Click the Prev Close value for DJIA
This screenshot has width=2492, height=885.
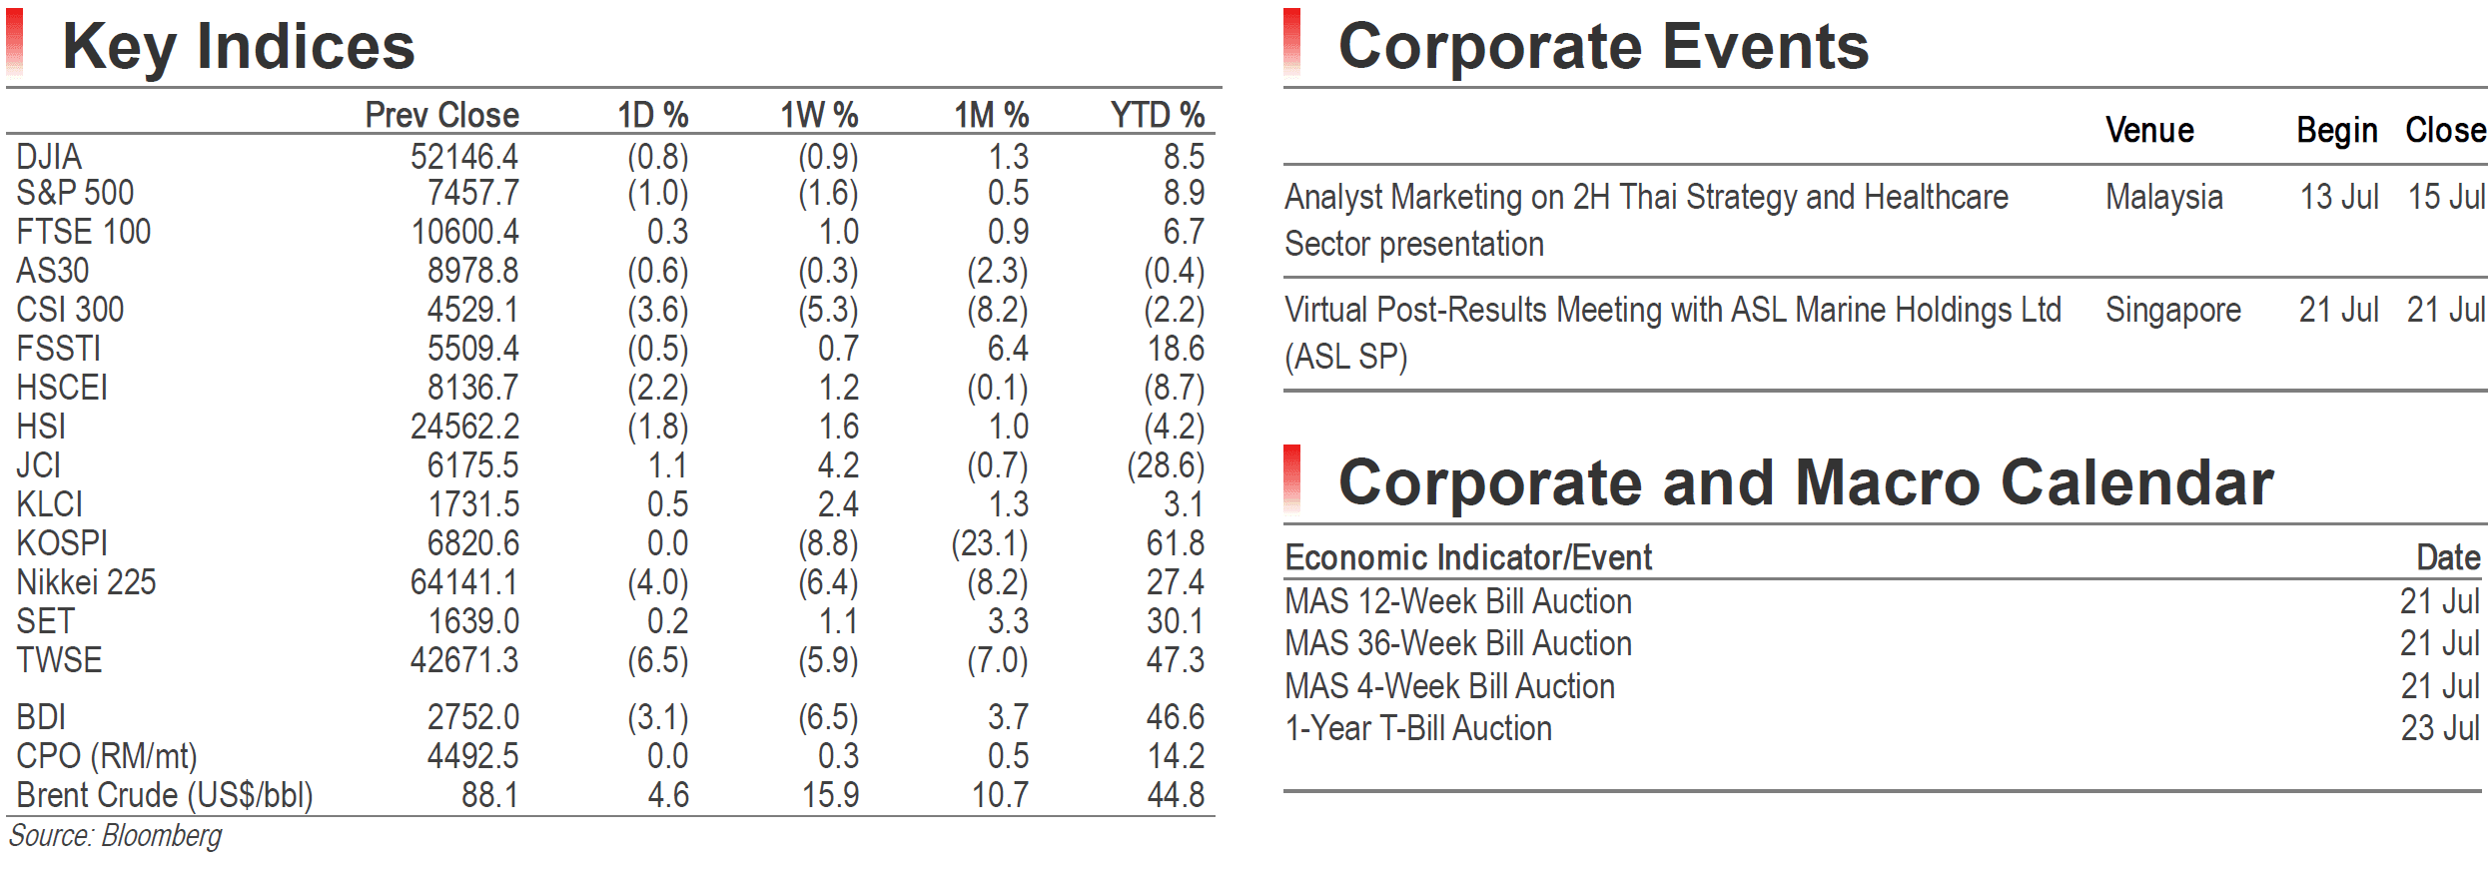point(464,157)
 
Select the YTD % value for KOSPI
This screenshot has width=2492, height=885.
point(1176,543)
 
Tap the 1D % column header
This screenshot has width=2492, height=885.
point(653,115)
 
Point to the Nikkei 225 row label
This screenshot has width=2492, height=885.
point(86,582)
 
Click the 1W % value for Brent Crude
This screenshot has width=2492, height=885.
point(831,795)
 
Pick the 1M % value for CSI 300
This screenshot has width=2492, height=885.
point(998,310)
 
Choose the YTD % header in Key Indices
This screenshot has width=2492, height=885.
point(1158,115)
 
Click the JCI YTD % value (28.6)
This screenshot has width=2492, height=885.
point(1166,465)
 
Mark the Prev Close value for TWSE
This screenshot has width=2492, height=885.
point(464,660)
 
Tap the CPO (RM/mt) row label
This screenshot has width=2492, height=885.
point(107,756)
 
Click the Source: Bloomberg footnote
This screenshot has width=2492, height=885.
point(116,836)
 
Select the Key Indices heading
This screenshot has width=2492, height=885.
point(239,46)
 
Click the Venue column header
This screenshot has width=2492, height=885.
point(2149,130)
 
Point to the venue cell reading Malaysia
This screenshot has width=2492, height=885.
point(2164,198)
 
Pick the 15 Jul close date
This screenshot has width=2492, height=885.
point(2446,197)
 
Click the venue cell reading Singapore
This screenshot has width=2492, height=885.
point(2173,311)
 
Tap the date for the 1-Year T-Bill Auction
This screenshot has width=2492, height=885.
point(2440,728)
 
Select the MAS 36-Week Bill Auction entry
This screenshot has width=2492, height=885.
point(1458,643)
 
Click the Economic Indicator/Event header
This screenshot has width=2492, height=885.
point(1468,557)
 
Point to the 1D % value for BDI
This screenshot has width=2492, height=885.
point(658,717)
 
